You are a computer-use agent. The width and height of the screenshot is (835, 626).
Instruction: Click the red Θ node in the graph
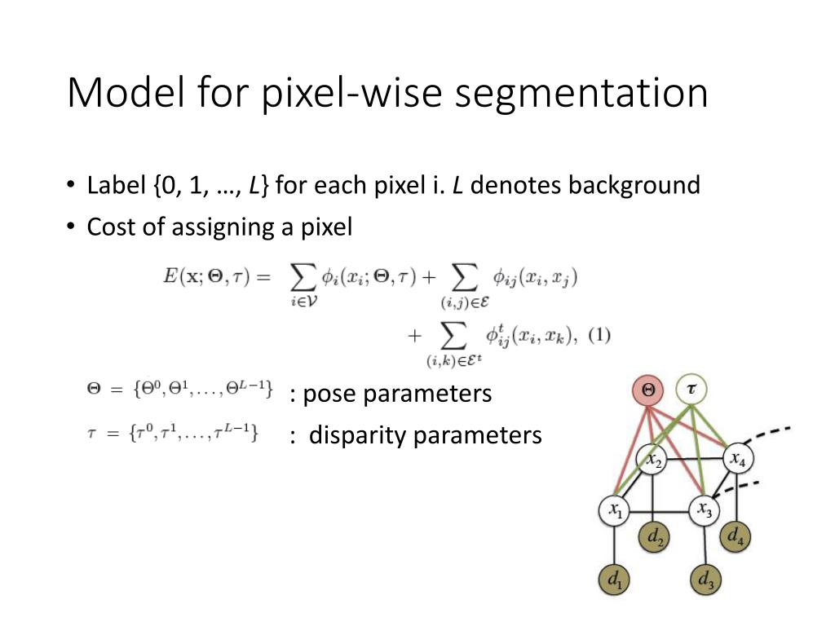[648, 390]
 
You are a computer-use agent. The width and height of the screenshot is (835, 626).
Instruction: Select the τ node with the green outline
[691, 390]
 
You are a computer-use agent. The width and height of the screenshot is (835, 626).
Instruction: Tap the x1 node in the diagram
[615, 511]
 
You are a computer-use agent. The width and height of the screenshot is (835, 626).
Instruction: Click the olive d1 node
[615, 580]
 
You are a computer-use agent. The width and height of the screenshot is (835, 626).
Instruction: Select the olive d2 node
[654, 536]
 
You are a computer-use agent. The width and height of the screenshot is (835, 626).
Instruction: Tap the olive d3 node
[705, 580]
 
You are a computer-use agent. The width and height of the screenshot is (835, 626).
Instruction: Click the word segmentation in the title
[581, 94]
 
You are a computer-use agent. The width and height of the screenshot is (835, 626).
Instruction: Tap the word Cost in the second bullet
[113, 227]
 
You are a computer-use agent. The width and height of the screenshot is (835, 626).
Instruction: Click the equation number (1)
[599, 335]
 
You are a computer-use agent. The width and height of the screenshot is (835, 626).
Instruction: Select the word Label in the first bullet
[117, 185]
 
